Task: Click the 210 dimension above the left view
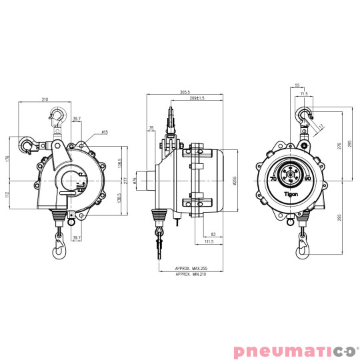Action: [x=45, y=99]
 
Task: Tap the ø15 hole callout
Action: [x=105, y=132]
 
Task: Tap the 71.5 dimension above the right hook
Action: [x=304, y=94]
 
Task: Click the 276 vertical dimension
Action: [x=339, y=147]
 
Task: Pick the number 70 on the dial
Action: [x=273, y=179]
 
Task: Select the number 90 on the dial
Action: [x=307, y=179]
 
